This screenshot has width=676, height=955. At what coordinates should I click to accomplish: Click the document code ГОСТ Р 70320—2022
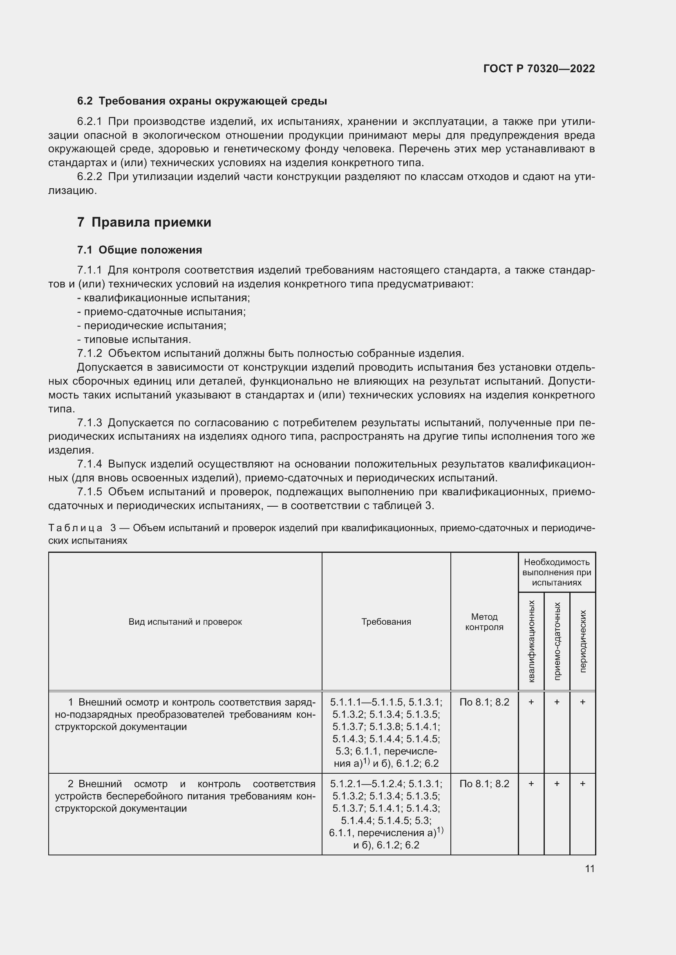[539, 69]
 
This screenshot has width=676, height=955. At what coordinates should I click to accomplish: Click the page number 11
[589, 869]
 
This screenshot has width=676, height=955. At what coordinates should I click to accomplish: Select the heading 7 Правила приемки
[144, 222]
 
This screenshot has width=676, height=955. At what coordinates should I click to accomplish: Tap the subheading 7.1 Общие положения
[139, 250]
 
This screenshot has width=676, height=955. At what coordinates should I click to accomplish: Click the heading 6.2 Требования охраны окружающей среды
[202, 101]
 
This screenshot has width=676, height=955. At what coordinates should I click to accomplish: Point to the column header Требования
[386, 622]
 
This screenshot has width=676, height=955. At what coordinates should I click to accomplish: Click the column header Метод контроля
[484, 622]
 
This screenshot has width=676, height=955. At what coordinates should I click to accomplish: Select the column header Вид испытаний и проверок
[185, 622]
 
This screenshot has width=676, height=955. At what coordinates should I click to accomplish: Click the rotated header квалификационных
[531, 641]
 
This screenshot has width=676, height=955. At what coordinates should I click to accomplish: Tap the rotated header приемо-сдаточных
[557, 641]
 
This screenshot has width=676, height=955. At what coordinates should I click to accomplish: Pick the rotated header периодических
[583, 641]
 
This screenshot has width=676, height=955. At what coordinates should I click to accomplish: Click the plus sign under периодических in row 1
[583, 702]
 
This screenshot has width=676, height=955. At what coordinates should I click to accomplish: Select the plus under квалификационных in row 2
[531, 784]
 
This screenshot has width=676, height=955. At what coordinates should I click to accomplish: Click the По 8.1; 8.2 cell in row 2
[484, 784]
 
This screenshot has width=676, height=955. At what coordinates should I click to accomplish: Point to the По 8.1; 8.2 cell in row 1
[484, 702]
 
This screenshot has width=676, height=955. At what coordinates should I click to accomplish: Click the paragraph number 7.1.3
[90, 423]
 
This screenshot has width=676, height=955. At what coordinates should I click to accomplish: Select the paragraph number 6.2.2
[90, 177]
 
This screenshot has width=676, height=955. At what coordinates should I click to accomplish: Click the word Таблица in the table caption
[75, 528]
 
